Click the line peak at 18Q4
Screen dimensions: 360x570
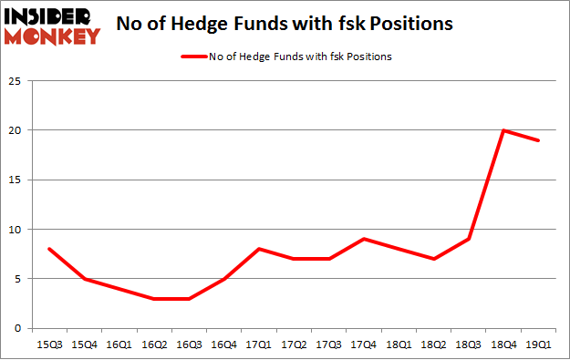503,130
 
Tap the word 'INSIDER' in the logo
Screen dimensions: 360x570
51,16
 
